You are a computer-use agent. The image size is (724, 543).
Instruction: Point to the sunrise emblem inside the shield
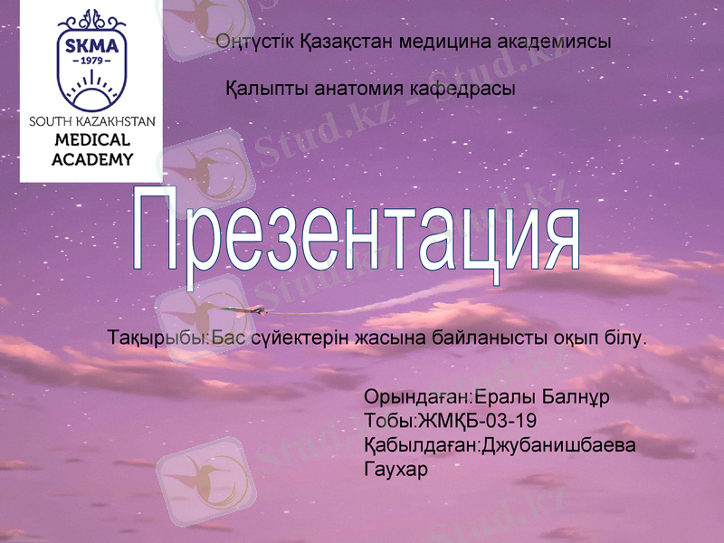point(90,89)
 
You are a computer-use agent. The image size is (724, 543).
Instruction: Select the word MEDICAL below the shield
point(91,141)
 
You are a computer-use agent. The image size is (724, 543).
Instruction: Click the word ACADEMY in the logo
point(91,159)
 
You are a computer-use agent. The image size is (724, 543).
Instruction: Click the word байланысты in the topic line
point(486,339)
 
